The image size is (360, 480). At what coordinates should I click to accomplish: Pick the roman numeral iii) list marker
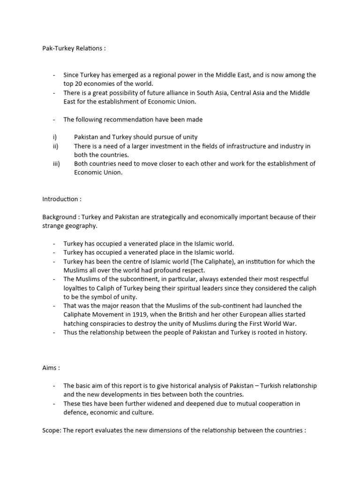click(56, 164)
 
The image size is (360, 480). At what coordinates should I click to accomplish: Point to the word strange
click(53, 226)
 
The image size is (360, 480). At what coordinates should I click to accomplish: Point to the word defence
click(75, 412)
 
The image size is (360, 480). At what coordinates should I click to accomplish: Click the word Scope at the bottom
click(51, 430)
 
